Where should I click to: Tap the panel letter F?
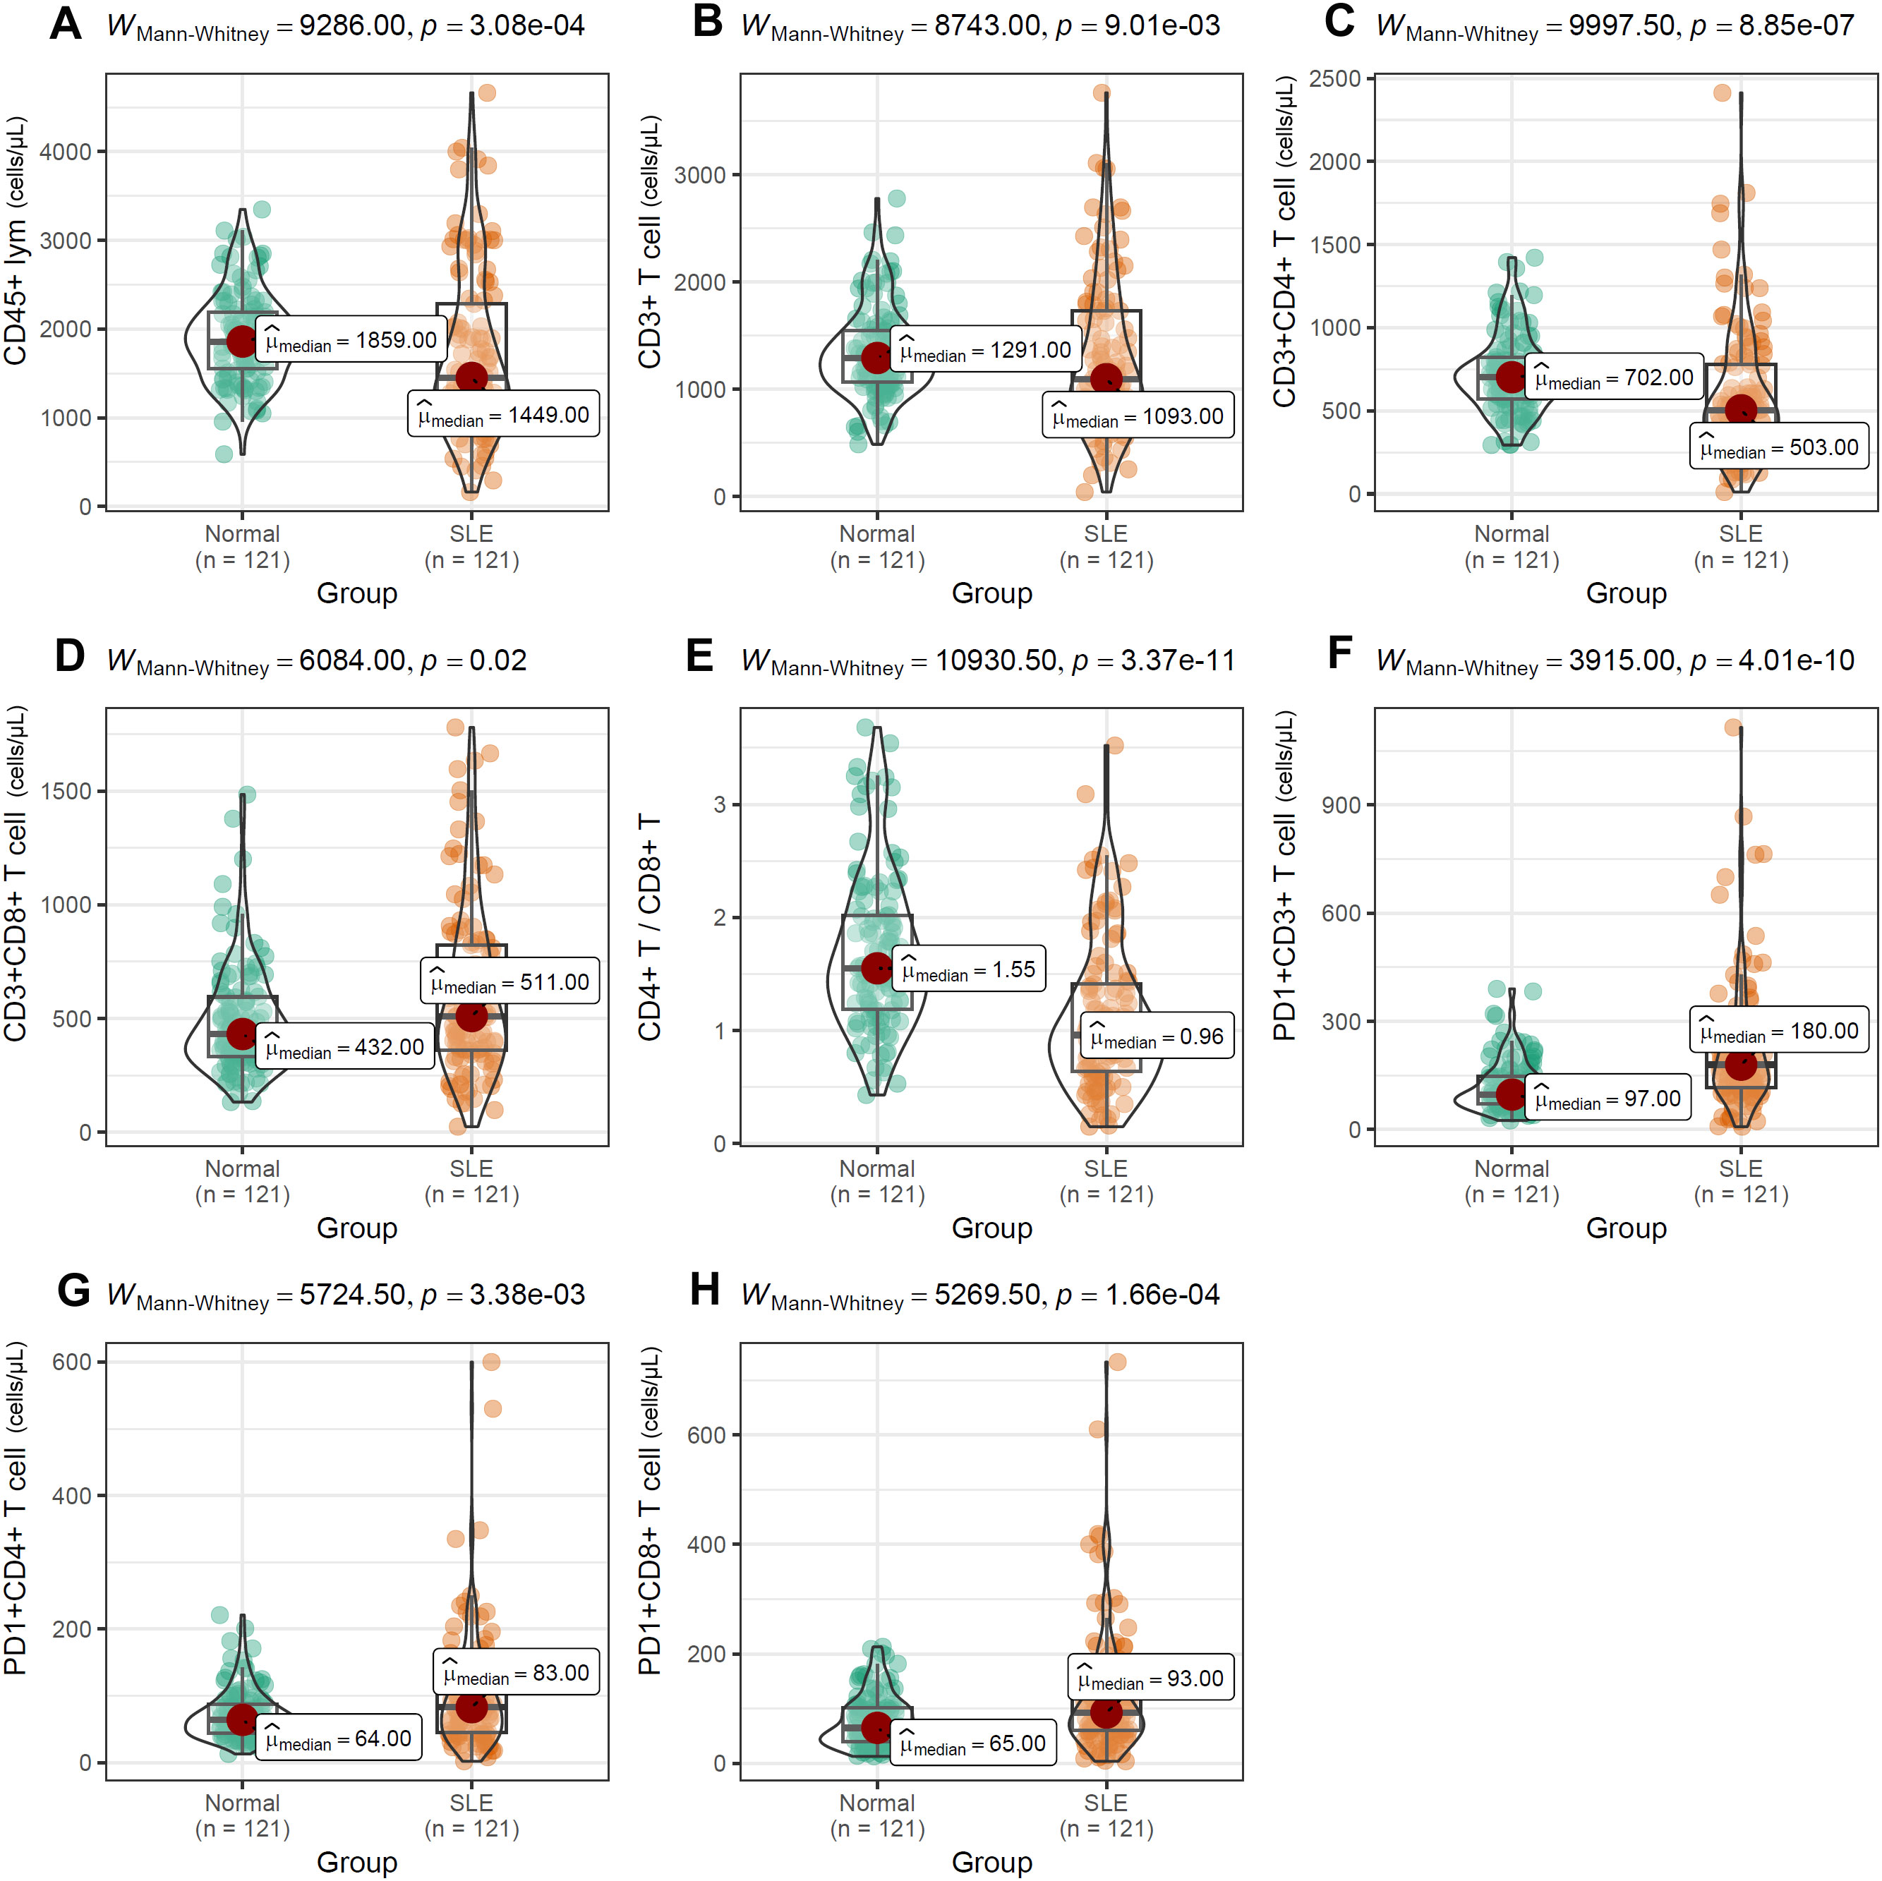point(1339,655)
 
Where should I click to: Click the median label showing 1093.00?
point(1138,417)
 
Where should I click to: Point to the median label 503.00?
point(1779,448)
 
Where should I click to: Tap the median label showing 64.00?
point(338,1738)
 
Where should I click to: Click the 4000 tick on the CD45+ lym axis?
point(65,152)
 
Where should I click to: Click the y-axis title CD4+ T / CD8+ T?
point(650,927)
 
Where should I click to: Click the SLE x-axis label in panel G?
point(471,1803)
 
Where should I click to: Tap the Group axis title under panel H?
point(991,1861)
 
